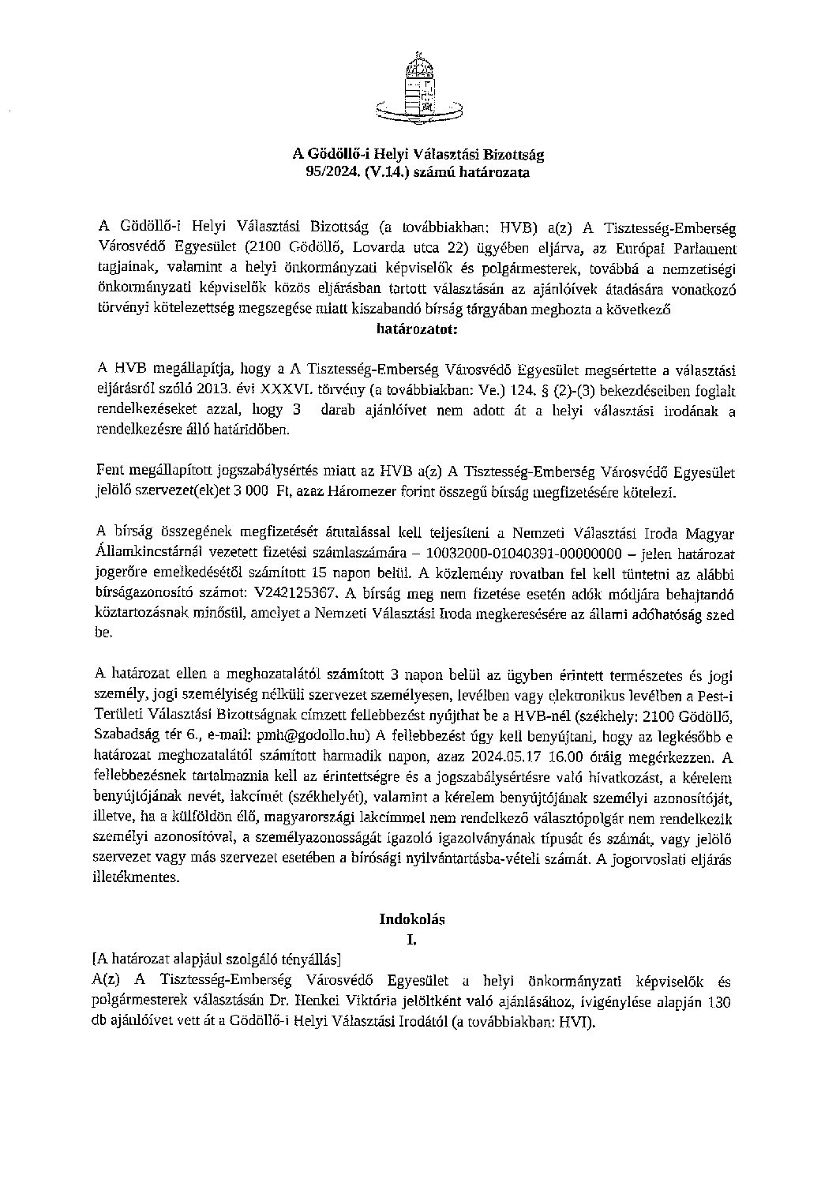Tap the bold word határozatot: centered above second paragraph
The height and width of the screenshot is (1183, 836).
coord(418,332)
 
